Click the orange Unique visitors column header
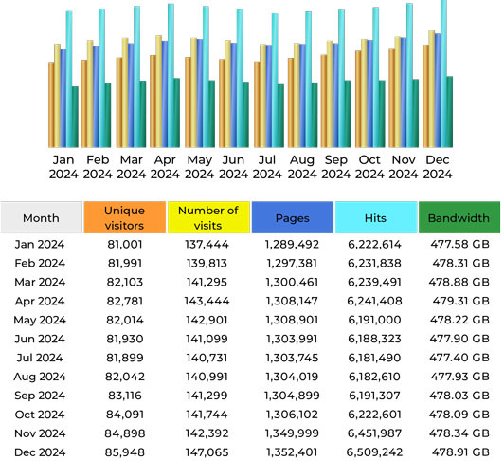(124, 217)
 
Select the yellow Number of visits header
(208, 217)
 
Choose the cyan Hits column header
(375, 217)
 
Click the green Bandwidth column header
(459, 217)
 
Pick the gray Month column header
(41, 217)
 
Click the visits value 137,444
(208, 245)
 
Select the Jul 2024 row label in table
(41, 356)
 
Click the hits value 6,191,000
(375, 319)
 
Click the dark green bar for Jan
(75, 116)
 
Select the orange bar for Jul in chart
(257, 103)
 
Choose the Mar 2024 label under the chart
(132, 166)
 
